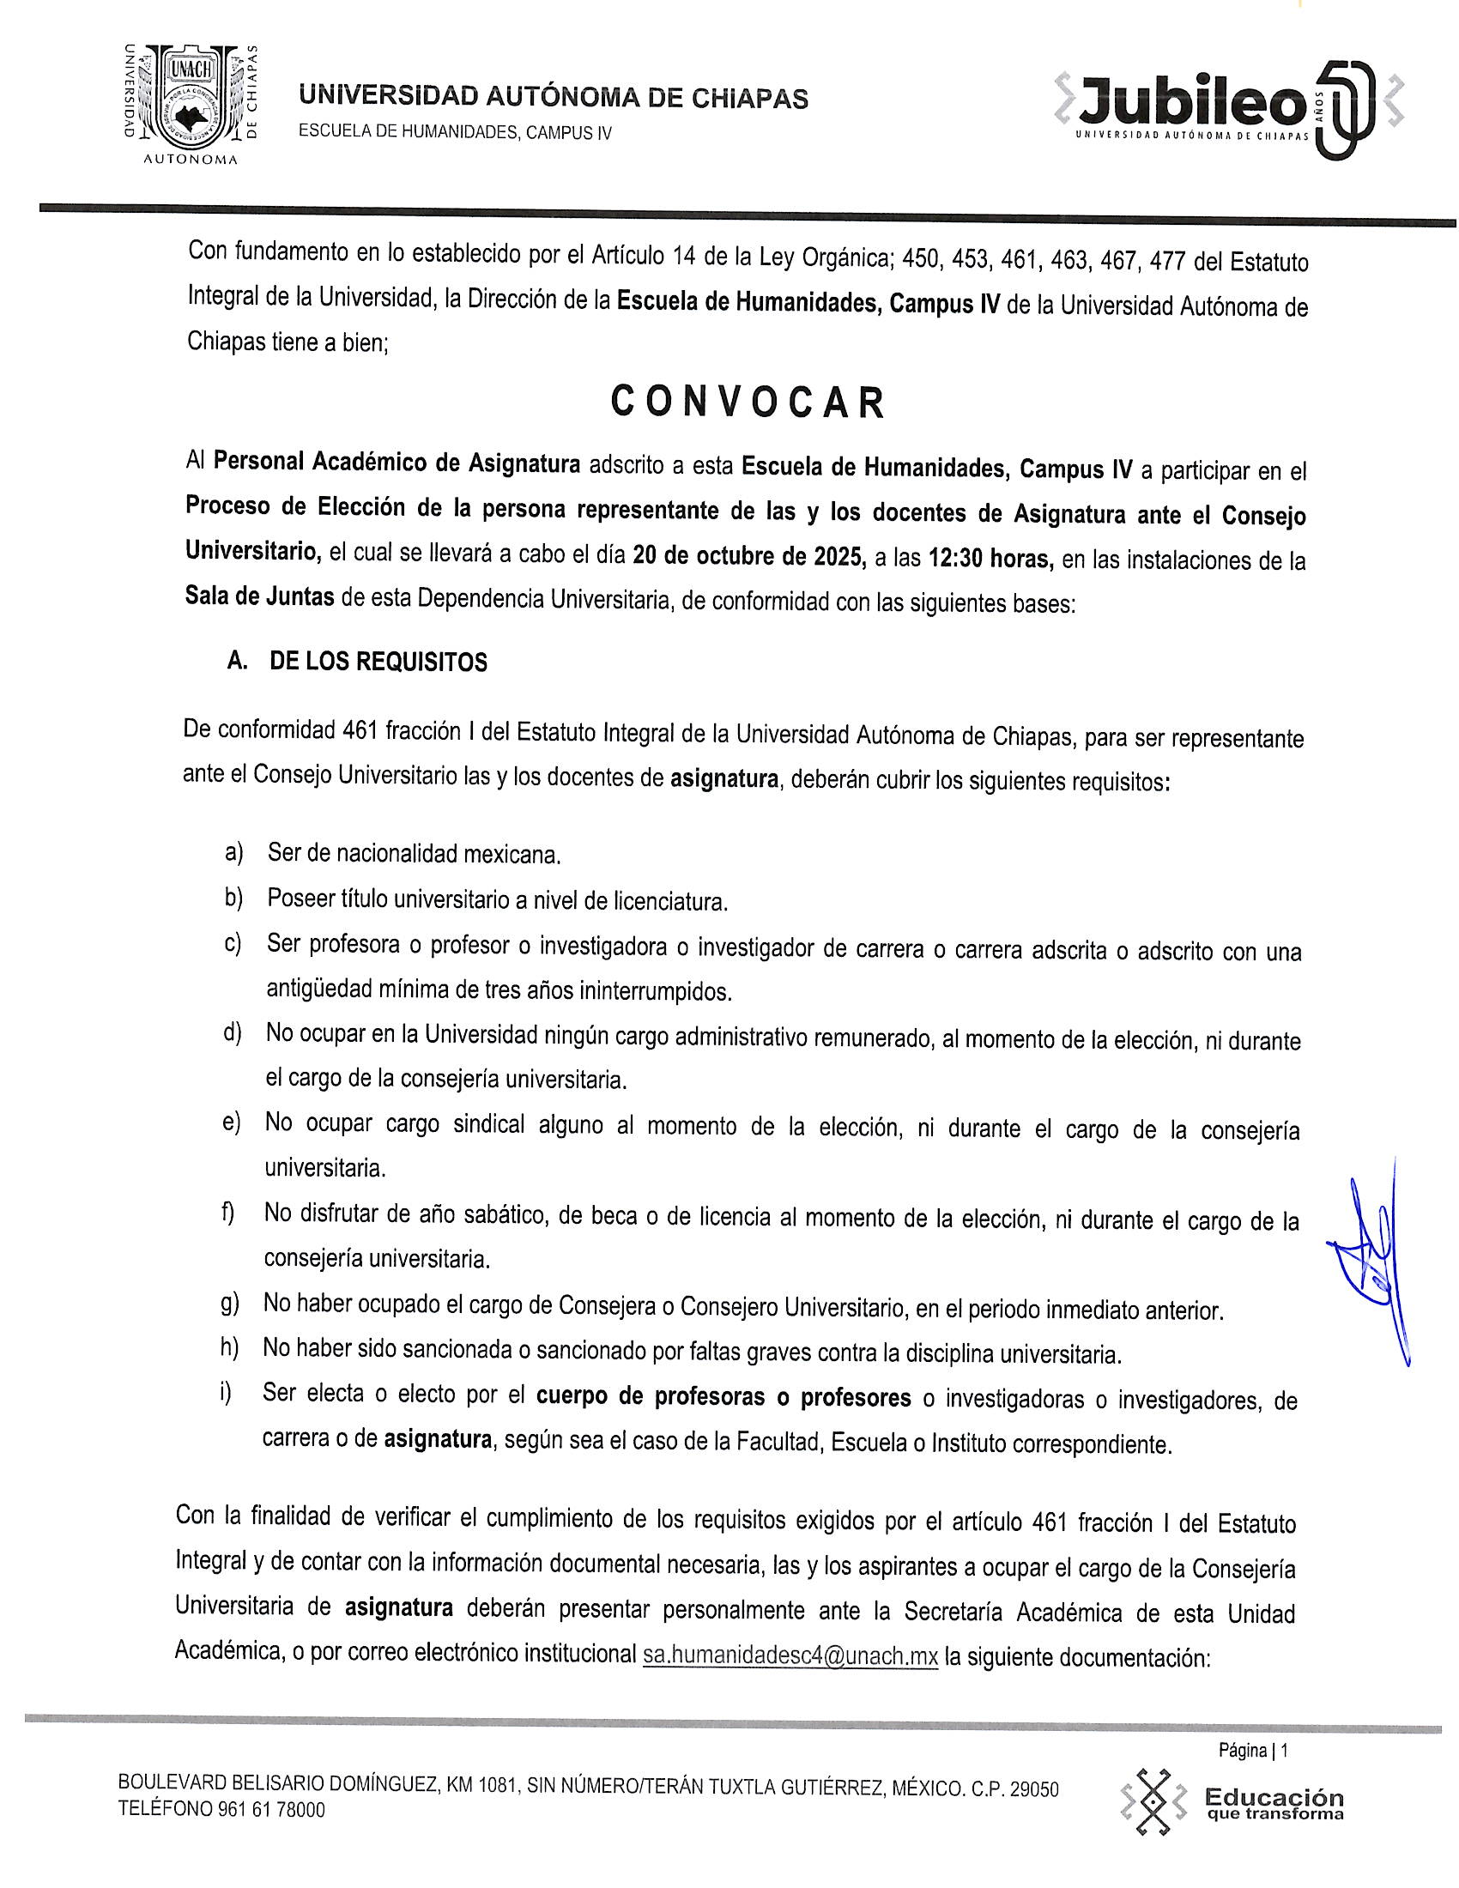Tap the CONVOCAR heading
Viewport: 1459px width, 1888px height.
tap(748, 402)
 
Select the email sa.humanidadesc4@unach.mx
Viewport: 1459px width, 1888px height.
tap(790, 1655)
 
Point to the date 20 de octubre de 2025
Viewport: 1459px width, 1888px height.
tap(749, 556)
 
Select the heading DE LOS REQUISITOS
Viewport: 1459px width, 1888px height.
tap(378, 663)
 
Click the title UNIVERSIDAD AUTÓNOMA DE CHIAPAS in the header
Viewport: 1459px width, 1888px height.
tap(554, 99)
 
